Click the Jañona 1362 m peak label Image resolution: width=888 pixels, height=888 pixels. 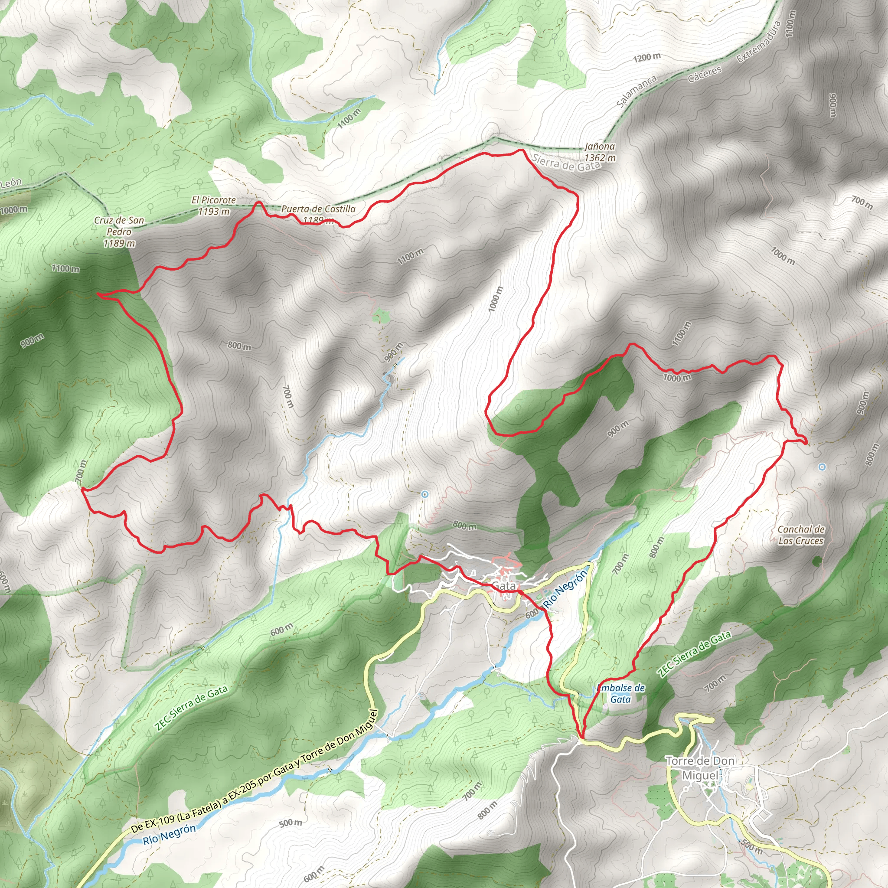(599, 152)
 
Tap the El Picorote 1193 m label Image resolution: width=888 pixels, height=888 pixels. (214, 206)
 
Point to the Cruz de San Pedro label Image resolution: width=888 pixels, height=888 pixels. (119, 232)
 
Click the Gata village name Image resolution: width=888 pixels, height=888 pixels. (504, 585)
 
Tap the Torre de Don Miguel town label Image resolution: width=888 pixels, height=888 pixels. (700, 768)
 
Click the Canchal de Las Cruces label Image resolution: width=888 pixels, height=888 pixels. (801, 535)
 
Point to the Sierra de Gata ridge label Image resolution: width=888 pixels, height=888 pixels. (567, 163)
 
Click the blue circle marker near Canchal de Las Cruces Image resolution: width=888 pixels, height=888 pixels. (822, 467)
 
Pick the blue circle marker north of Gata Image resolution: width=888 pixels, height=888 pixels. (424, 495)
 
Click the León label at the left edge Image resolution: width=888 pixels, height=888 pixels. (11, 183)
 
